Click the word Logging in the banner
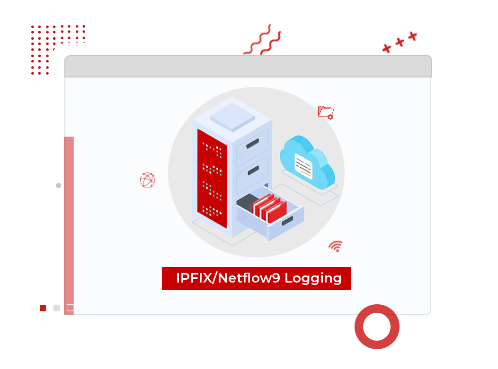(313, 278)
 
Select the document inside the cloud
(303, 165)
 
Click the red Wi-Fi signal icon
(336, 246)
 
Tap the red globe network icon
(147, 180)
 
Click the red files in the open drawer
(269, 208)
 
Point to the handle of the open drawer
(287, 220)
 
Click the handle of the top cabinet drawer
(252, 143)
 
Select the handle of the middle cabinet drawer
(253, 170)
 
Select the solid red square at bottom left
(43, 308)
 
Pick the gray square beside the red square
(57, 308)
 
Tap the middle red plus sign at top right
(400, 43)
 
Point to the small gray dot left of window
(58, 186)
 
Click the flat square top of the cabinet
(233, 116)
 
